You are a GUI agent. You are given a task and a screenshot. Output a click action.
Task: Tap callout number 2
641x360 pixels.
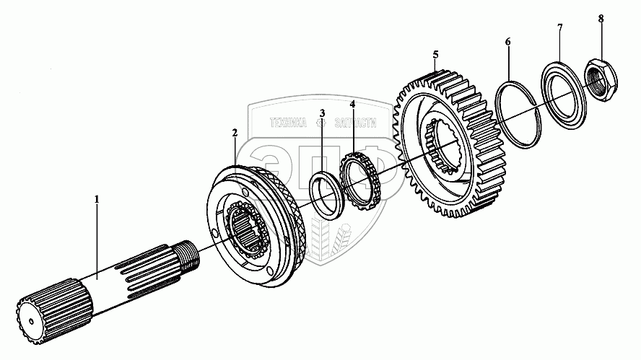[235, 133]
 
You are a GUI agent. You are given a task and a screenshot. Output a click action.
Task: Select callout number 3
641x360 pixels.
[322, 113]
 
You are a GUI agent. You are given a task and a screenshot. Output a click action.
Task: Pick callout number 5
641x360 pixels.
[435, 54]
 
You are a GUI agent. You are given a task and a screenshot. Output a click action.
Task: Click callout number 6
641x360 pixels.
[508, 42]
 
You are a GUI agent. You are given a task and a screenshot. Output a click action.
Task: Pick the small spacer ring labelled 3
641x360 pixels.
[326, 193]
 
